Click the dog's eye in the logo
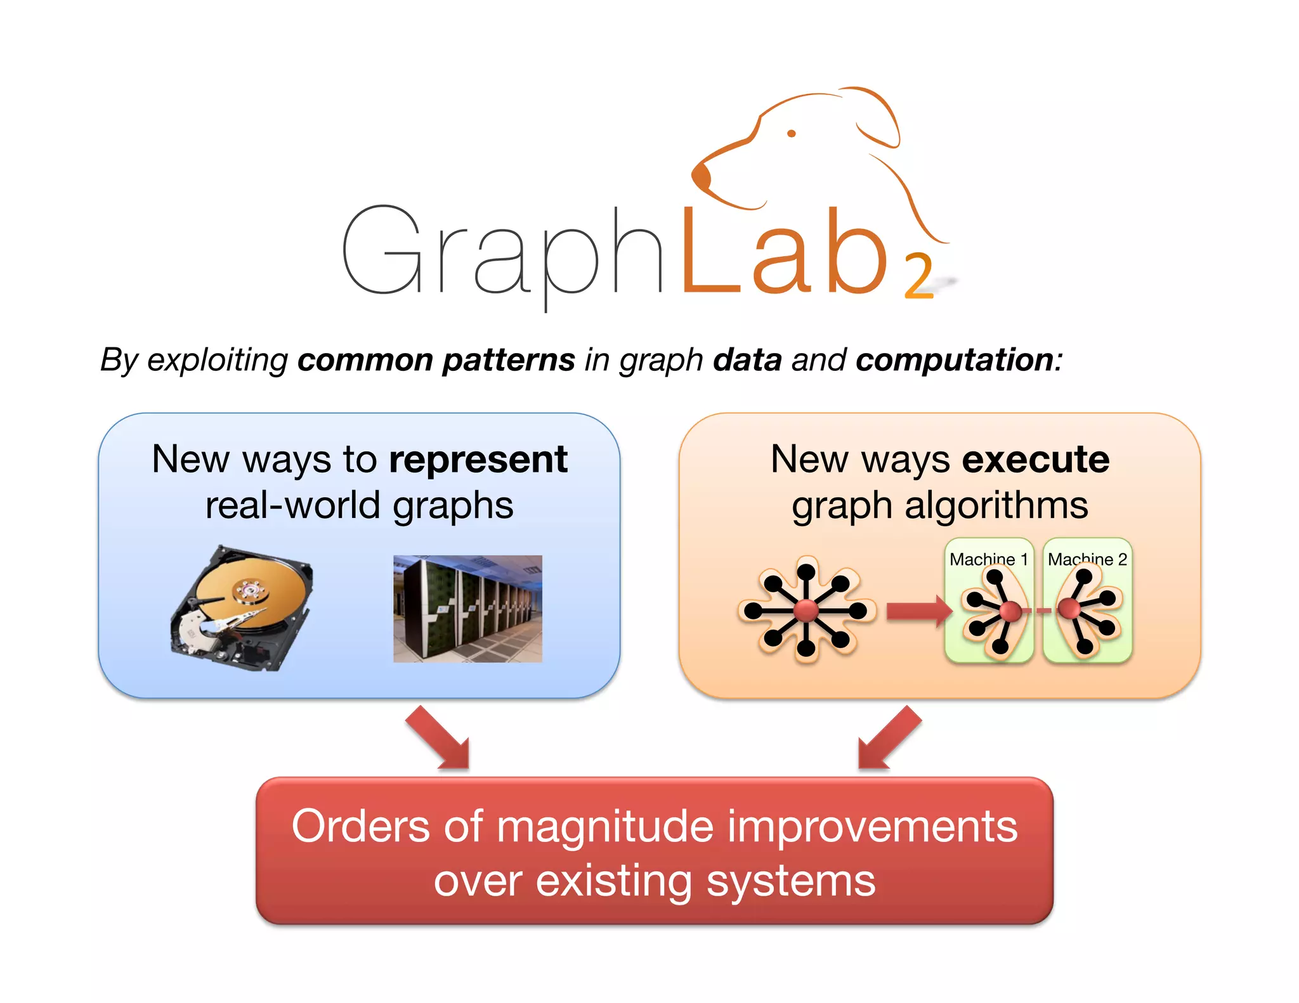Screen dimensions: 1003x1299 click(x=791, y=133)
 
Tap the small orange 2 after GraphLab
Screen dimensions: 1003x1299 click(x=918, y=276)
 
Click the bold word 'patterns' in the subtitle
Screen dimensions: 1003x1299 click(x=509, y=360)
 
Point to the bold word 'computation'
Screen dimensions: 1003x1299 click(x=955, y=360)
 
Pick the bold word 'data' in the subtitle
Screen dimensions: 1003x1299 click(x=747, y=360)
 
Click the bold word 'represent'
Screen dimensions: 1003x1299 click(x=478, y=459)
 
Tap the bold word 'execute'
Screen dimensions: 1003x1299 click(x=1035, y=459)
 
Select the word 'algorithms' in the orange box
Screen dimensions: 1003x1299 click(x=996, y=506)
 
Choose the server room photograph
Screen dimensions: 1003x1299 click(x=467, y=609)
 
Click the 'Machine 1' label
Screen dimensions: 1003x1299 click(x=988, y=559)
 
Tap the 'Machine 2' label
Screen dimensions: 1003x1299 click(x=1087, y=559)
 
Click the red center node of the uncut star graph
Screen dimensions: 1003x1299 click(x=806, y=611)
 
